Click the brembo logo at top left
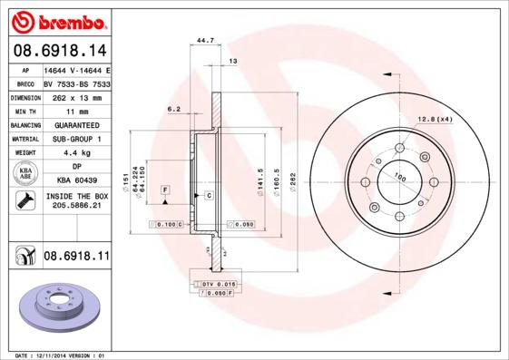point(55,18)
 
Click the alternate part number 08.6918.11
point(76,258)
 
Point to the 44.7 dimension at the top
point(205,41)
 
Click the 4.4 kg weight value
point(76,153)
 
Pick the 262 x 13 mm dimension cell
point(76,95)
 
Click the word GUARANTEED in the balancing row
point(76,124)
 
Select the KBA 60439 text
point(76,181)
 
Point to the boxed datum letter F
point(165,189)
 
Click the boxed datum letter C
point(209,195)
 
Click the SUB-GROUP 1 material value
point(76,139)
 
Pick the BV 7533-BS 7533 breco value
point(76,82)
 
